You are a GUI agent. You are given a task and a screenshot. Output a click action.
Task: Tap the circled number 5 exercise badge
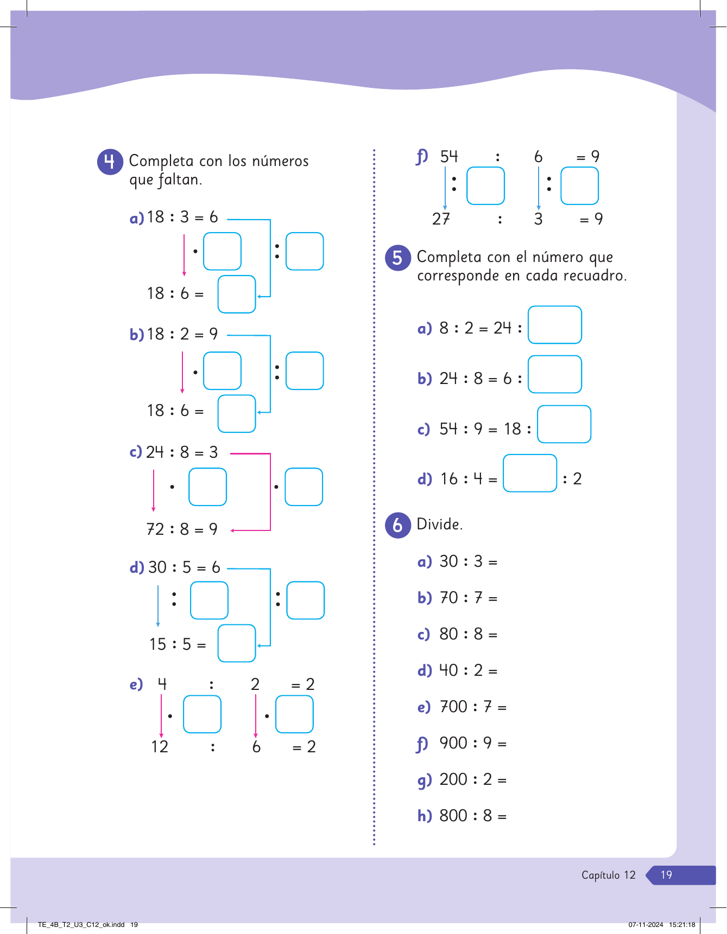pyautogui.click(x=398, y=258)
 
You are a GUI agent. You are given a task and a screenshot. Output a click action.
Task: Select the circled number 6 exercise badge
pyautogui.click(x=398, y=525)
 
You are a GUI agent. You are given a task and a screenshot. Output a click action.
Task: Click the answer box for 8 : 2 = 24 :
pyautogui.click(x=555, y=325)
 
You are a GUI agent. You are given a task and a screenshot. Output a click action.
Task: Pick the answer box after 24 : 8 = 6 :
pyautogui.click(x=555, y=374)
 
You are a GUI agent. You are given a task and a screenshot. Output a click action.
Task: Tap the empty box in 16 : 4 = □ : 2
pyautogui.click(x=530, y=473)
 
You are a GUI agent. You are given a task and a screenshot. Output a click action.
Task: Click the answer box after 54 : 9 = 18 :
pyautogui.click(x=564, y=424)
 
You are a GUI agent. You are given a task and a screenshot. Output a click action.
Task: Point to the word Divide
pyautogui.click(x=440, y=524)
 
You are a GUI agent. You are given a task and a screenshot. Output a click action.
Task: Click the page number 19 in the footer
pyautogui.click(x=666, y=875)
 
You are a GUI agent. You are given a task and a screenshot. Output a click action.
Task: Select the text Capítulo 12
pyautogui.click(x=608, y=875)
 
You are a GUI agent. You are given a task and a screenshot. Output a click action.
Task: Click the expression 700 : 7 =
pyautogui.click(x=473, y=707)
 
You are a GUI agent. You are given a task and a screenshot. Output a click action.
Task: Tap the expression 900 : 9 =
pyautogui.click(x=473, y=743)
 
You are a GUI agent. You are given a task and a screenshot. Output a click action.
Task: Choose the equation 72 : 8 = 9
pyautogui.click(x=182, y=529)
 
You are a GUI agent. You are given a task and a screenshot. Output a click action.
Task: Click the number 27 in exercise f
pyautogui.click(x=441, y=219)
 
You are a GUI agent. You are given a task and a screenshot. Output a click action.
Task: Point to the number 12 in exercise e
pyautogui.click(x=160, y=747)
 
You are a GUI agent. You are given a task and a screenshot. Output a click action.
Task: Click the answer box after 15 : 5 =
pyautogui.click(x=237, y=643)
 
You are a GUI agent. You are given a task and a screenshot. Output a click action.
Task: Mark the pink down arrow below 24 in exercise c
pyautogui.click(x=154, y=490)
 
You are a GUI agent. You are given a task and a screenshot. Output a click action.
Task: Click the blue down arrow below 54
pyautogui.click(x=445, y=188)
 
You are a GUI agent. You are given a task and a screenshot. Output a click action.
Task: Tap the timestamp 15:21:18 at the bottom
pyautogui.click(x=682, y=925)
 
